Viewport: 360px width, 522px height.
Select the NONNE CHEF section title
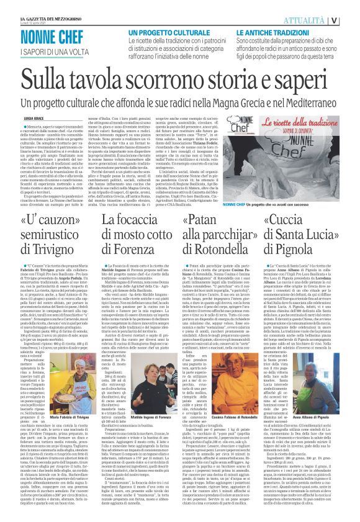point(60,37)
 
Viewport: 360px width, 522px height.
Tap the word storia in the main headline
point(209,81)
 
